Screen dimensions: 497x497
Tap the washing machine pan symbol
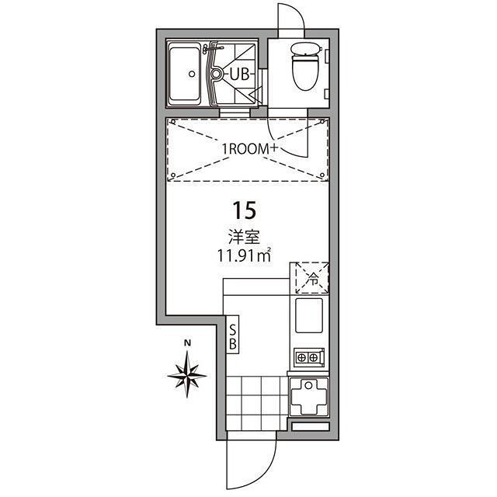(311, 398)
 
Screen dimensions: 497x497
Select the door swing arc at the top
(289, 17)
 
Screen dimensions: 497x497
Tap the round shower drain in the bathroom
(217, 75)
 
